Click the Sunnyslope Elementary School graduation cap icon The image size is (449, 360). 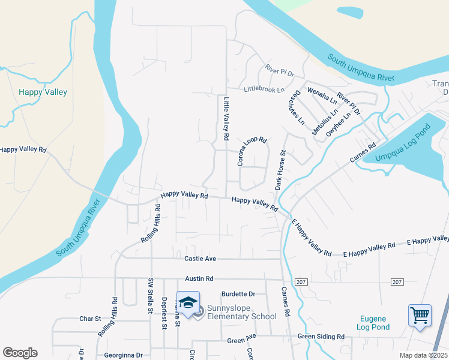click(x=188, y=302)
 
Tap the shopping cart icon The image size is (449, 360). click(x=420, y=314)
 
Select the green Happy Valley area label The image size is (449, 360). click(x=43, y=92)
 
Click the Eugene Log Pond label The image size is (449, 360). click(x=375, y=323)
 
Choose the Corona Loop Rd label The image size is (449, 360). click(x=252, y=151)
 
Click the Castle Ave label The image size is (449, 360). click(x=200, y=259)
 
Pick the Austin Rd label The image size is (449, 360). click(x=199, y=279)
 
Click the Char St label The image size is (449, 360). click(x=90, y=319)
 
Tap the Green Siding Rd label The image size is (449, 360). click(x=321, y=337)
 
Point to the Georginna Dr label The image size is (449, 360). click(x=122, y=355)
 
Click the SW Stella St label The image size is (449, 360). click(x=150, y=296)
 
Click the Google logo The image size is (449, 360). click(x=20, y=353)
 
